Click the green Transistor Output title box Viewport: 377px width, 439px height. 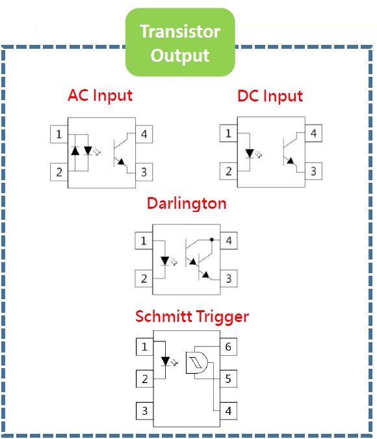180,42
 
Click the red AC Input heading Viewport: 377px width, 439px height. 100,96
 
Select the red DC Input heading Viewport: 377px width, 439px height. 270,96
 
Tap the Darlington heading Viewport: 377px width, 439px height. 187,204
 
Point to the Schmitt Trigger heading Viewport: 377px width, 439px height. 192,317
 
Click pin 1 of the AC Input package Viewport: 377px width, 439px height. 59,135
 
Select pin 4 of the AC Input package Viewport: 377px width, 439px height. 144,134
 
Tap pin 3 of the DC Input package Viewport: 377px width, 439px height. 313,171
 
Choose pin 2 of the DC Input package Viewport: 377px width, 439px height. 228,171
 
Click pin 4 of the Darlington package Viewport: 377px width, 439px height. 229,241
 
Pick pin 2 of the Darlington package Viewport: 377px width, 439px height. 144,278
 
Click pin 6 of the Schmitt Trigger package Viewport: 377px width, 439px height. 228,347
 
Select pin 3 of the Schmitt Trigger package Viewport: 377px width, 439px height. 145,411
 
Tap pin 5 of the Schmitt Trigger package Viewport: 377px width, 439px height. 228,379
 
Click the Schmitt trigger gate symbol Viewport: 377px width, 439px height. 197,363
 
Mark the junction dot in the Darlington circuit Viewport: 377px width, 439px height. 212,239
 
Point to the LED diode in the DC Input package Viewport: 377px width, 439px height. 250,153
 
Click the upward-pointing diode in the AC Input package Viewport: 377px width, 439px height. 75,151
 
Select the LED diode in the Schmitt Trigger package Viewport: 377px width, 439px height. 165,361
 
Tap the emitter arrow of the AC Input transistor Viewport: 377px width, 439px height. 121,162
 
